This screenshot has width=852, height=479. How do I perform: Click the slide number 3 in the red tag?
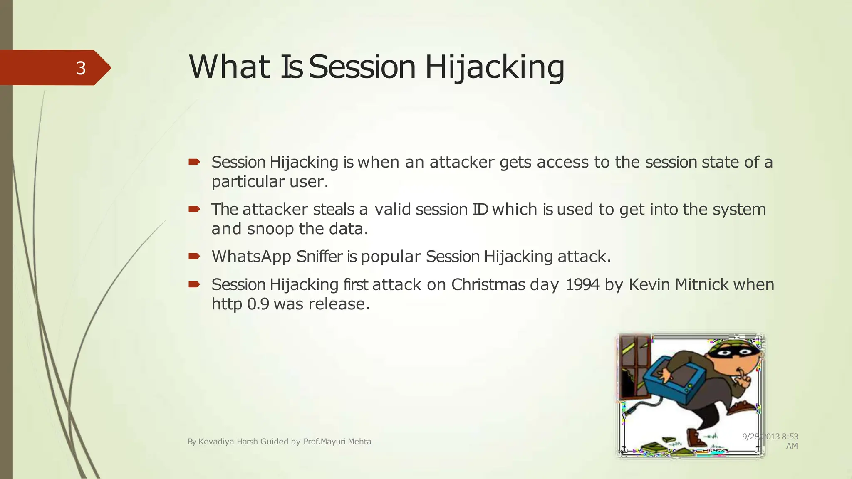click(81, 68)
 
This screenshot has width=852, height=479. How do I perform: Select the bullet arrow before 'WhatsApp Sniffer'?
click(194, 256)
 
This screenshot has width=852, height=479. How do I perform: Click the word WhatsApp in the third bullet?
click(251, 257)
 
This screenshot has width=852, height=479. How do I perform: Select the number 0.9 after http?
click(258, 304)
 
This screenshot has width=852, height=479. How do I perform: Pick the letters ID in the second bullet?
click(480, 209)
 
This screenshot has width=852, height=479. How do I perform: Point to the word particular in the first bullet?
click(248, 182)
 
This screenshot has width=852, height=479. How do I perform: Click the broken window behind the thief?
click(634, 366)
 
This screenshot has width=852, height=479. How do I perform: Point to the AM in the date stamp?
click(792, 446)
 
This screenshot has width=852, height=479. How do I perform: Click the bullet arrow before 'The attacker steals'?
click(194, 209)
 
